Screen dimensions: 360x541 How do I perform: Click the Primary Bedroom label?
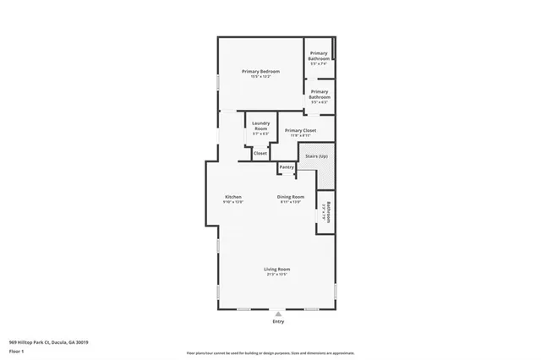click(260, 71)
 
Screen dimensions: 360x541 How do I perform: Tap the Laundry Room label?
click(260, 126)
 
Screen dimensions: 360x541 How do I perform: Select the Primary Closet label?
click(300, 130)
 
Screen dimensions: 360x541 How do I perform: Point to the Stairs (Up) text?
click(316, 156)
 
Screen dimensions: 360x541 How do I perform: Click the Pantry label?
click(287, 167)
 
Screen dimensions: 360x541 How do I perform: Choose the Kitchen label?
click(232, 197)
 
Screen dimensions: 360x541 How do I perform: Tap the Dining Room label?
click(289, 197)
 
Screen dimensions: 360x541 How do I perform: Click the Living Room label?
click(277, 269)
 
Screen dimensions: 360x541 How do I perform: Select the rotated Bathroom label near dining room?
click(326, 211)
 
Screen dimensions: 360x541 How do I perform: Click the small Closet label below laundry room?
click(260, 153)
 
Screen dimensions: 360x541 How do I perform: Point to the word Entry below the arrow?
click(278, 322)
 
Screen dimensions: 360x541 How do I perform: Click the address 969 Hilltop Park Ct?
click(49, 342)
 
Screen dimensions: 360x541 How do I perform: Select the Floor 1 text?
click(17, 351)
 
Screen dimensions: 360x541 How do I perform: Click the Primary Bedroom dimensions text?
click(260, 77)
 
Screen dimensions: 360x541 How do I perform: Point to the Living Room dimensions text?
click(277, 275)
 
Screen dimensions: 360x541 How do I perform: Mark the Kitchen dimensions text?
click(232, 203)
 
